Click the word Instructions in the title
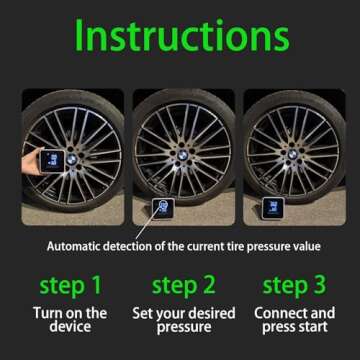coord(180,36)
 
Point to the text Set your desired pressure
coord(179,320)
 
